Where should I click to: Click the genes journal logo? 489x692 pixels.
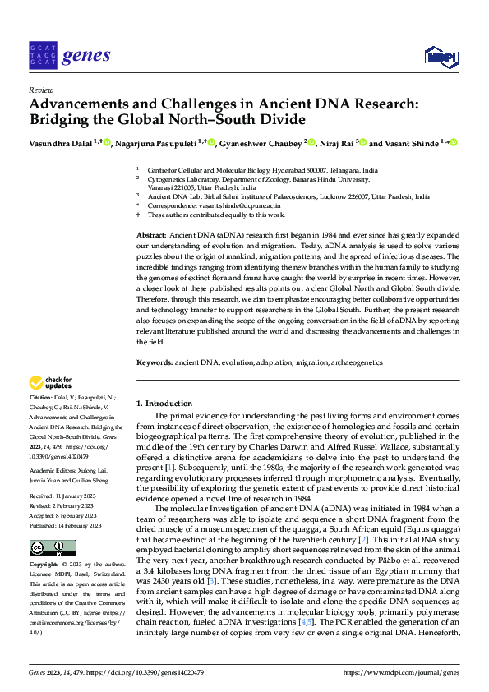(69, 55)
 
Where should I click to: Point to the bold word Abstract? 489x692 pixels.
(152, 235)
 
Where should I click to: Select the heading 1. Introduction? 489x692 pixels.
(164, 404)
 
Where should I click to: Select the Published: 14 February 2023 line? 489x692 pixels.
(65, 502)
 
